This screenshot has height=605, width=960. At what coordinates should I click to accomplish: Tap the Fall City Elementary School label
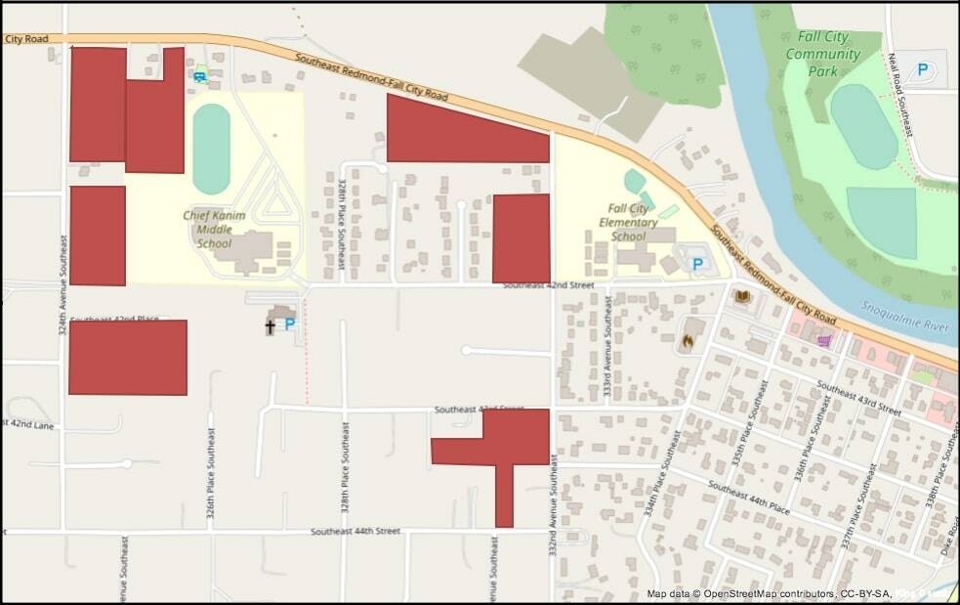(x=628, y=222)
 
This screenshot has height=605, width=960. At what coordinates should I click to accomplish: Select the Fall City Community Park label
(x=822, y=53)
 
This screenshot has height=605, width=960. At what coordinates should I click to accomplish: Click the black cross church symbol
(x=270, y=326)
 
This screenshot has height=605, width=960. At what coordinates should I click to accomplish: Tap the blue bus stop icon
(x=199, y=76)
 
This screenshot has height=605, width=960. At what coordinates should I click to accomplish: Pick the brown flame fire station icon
(x=687, y=343)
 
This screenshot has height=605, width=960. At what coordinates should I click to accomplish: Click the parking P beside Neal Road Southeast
(x=921, y=70)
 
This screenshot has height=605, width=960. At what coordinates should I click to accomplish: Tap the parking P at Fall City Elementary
(x=697, y=264)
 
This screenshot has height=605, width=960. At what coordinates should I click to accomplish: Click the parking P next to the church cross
(x=290, y=324)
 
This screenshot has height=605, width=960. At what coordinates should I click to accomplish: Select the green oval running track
(x=211, y=149)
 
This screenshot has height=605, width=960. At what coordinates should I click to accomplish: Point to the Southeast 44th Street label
(x=355, y=531)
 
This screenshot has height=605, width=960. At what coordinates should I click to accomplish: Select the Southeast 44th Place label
(x=749, y=497)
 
